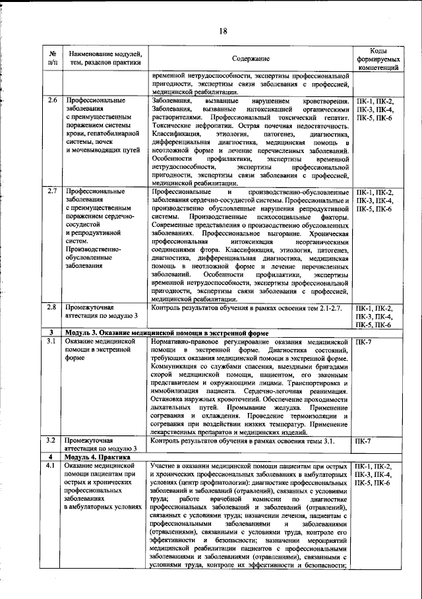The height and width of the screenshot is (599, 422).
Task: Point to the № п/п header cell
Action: pyautogui.click(x=52, y=59)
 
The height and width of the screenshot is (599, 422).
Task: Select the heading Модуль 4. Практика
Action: pyautogui.click(x=92, y=457)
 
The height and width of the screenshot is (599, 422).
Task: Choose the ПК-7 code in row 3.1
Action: pyautogui.click(x=363, y=342)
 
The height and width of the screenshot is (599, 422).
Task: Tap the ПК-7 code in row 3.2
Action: pyautogui.click(x=363, y=440)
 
